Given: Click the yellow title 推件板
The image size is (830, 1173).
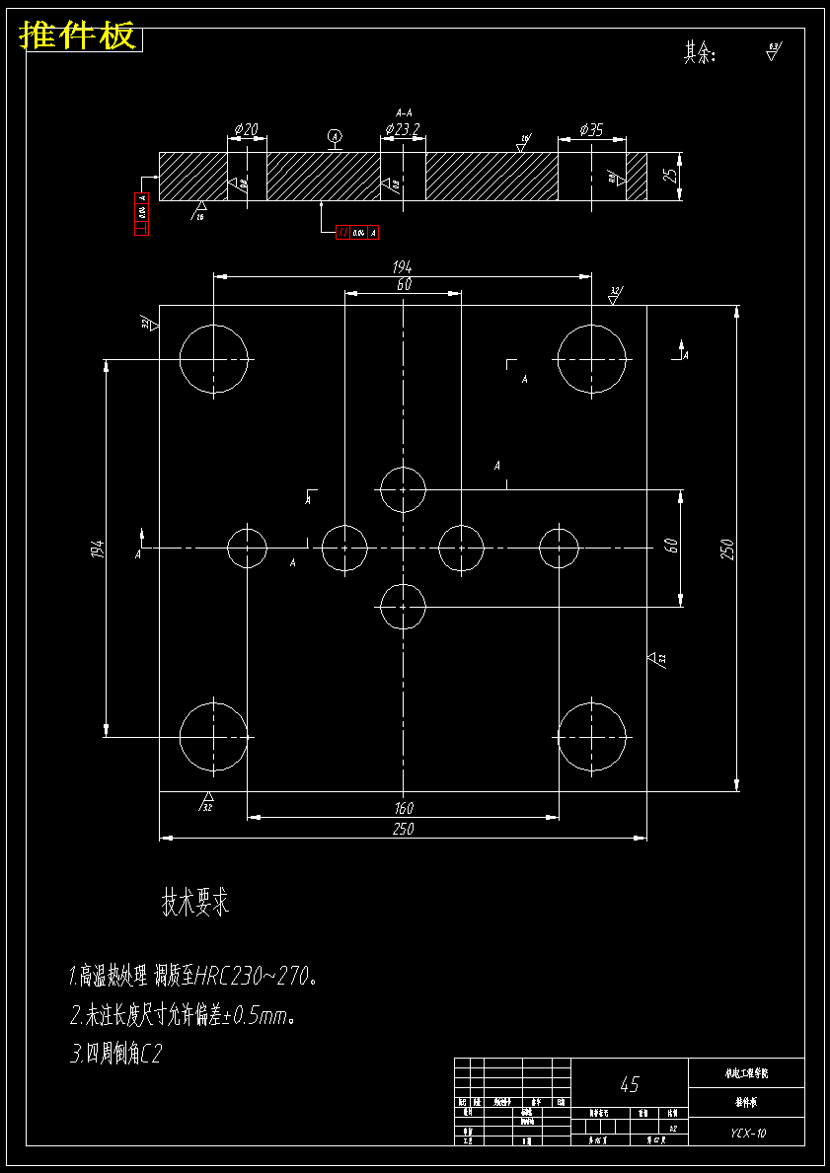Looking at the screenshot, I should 78,37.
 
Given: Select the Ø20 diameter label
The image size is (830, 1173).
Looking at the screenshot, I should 247,129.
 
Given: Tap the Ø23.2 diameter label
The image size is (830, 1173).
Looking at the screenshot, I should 403,129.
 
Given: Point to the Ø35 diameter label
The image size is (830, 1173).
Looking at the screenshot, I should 591,129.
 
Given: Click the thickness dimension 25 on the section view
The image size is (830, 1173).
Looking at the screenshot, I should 670,176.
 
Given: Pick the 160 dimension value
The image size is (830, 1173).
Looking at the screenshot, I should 403,808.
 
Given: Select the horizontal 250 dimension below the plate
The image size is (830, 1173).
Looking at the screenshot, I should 403,829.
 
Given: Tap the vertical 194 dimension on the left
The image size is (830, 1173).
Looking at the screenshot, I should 97,549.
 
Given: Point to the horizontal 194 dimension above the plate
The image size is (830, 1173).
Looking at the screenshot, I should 403,266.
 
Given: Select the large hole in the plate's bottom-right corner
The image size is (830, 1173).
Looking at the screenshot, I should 592,737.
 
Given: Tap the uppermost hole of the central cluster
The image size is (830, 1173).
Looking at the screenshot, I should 403,489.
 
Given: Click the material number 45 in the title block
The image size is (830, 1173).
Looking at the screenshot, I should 629,1085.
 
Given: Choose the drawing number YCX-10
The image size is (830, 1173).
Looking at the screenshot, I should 747,1134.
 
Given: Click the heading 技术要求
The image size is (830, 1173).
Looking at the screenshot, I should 195,902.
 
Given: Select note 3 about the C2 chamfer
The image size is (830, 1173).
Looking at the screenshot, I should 115,1055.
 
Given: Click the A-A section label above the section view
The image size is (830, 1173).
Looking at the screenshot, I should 403,112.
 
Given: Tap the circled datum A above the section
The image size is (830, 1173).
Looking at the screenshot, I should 335,135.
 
